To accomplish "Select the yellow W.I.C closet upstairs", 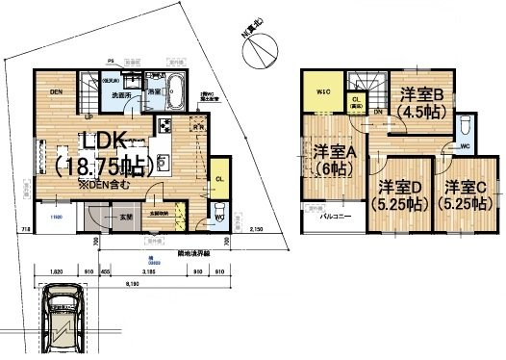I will click(x=322, y=92).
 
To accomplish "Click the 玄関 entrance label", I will click(x=126, y=219).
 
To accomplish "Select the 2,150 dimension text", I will click(x=257, y=230).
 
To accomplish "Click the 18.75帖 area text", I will click(x=99, y=166).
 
